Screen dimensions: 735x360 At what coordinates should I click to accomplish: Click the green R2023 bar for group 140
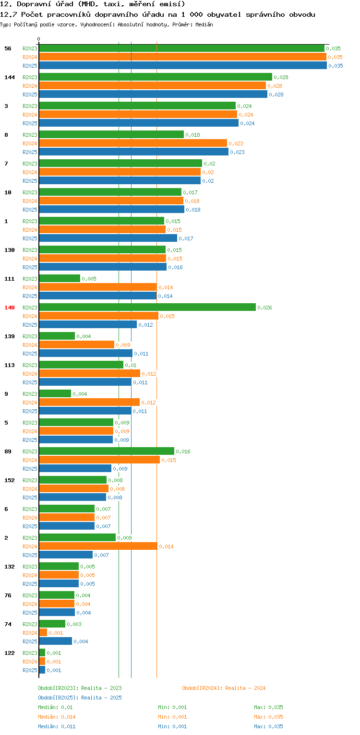(x=147, y=307)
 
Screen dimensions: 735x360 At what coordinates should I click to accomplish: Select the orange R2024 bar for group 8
(x=132, y=143)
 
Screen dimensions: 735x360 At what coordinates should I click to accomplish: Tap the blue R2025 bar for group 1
(x=108, y=238)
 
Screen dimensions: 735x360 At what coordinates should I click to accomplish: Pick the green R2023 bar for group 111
(x=60, y=278)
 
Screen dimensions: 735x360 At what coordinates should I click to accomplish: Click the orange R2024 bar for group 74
(x=43, y=632)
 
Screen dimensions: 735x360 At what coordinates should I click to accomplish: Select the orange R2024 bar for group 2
(x=98, y=546)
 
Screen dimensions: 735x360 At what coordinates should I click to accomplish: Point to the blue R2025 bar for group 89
(x=75, y=468)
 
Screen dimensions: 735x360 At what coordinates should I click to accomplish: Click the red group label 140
(x=10, y=308)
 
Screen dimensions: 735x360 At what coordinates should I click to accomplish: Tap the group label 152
(x=10, y=480)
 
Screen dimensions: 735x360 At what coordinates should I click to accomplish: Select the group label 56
(x=8, y=48)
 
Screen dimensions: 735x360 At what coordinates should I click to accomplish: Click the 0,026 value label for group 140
(x=264, y=308)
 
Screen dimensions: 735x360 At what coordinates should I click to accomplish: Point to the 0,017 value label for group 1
(x=186, y=238)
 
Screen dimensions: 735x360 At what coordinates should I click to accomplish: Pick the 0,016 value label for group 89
(x=183, y=451)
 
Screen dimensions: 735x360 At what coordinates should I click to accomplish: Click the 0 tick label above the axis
(x=39, y=39)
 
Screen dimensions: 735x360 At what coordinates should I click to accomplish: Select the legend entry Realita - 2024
(x=224, y=688)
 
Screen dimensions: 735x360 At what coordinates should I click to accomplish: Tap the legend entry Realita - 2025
(x=80, y=698)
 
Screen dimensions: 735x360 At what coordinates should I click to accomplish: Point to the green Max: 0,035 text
(x=268, y=707)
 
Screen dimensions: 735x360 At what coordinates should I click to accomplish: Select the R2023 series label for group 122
(x=30, y=653)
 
